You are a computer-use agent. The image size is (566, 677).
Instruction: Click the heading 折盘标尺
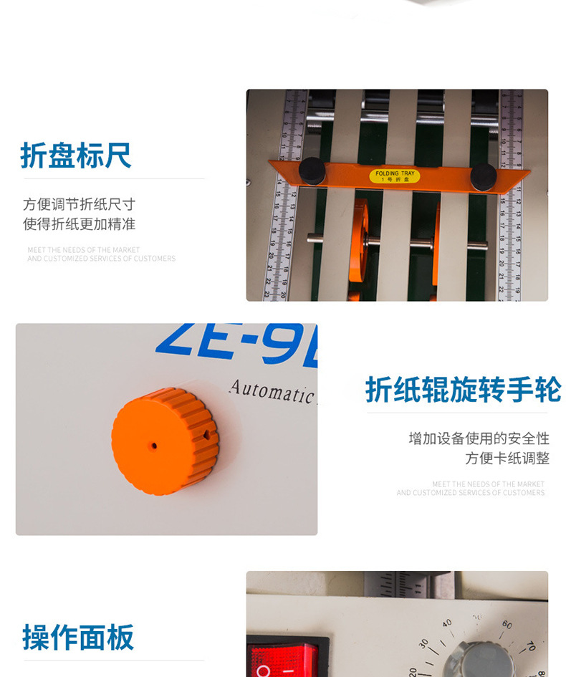point(76,155)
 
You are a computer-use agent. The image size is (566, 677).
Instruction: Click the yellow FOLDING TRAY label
point(394,176)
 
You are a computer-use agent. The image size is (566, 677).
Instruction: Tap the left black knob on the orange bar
point(312,171)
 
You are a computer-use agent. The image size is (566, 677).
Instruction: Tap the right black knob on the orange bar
point(484,176)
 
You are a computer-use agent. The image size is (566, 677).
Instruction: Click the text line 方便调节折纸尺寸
point(79,204)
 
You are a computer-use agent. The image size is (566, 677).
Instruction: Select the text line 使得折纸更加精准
point(79,224)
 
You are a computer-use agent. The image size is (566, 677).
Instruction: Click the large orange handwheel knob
point(165,441)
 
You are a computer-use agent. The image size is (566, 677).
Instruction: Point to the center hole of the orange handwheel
point(154,446)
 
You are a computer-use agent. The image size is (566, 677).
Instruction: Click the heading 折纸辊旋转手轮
point(463,390)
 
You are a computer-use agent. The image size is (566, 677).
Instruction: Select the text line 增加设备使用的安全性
point(479,438)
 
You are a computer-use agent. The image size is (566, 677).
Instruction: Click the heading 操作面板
point(78,637)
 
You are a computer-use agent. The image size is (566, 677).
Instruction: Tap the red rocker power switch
point(282,659)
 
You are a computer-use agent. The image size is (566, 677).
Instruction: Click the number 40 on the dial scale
point(447,623)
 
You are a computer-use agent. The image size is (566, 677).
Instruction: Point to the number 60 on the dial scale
point(507,625)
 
